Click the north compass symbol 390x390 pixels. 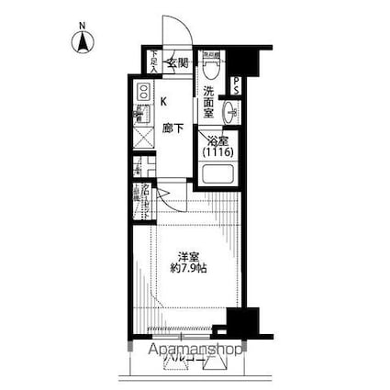click(x=81, y=41)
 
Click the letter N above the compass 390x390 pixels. click(x=81, y=25)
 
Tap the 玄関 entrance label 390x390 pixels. click(x=177, y=62)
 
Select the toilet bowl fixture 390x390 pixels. click(x=213, y=67)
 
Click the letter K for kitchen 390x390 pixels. click(x=164, y=102)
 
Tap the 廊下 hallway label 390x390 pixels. click(x=172, y=128)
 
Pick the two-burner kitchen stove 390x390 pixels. click(x=142, y=92)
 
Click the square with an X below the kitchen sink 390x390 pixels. click(x=142, y=138)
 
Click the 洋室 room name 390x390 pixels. click(x=189, y=255)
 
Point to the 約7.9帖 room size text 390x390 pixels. click(x=189, y=271)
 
